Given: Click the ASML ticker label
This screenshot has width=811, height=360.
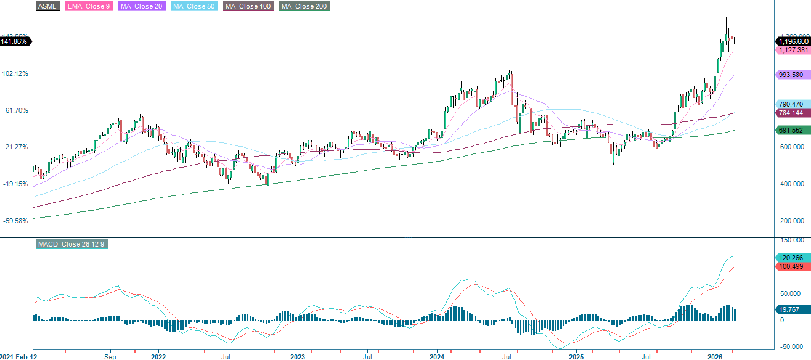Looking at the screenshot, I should (48, 6).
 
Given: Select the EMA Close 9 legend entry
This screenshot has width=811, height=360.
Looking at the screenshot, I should (88, 6).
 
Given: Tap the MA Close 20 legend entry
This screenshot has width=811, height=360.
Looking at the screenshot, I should (140, 6).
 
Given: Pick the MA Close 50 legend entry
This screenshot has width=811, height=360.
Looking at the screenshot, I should (195, 6).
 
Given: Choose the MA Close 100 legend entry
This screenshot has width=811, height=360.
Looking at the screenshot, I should (248, 6).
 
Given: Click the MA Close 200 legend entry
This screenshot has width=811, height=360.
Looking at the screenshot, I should (304, 6).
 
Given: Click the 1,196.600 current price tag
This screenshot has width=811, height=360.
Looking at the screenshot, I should (791, 41).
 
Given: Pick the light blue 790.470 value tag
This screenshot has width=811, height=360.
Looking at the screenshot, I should (791, 104).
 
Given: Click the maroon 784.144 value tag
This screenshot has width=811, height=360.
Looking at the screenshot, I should (791, 113).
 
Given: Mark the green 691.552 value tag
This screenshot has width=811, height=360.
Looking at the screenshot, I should (791, 130).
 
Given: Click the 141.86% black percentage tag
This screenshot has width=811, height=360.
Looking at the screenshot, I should (15, 41).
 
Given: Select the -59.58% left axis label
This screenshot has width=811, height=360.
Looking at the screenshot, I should (16, 221).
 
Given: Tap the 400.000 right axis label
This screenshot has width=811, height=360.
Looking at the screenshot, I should (791, 184).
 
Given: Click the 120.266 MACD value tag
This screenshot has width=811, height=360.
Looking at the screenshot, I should (791, 258).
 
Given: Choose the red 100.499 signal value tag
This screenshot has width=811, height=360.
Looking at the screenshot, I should (791, 266).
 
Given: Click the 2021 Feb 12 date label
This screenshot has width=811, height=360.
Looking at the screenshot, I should (18, 356).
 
